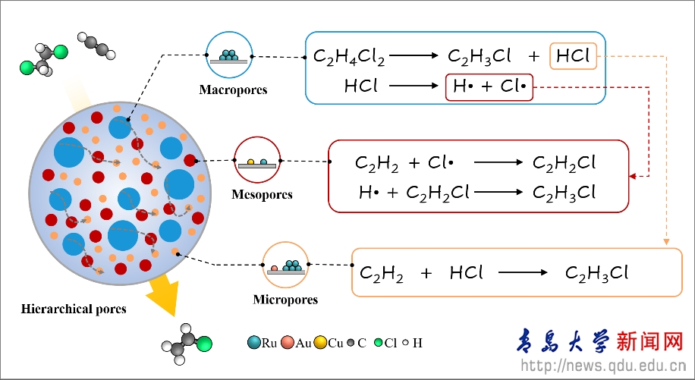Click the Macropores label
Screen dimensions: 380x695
(x=233, y=90)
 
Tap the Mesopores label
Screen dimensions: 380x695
(x=262, y=195)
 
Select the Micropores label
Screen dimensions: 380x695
(x=285, y=300)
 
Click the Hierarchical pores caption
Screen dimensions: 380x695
(x=74, y=309)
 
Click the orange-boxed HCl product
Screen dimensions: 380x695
(x=574, y=56)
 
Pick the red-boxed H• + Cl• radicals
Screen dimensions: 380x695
(x=489, y=86)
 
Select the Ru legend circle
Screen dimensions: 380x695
(x=254, y=343)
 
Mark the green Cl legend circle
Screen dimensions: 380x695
(x=378, y=343)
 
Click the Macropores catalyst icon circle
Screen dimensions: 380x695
(x=228, y=55)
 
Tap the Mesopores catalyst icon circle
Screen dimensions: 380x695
(x=257, y=160)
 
